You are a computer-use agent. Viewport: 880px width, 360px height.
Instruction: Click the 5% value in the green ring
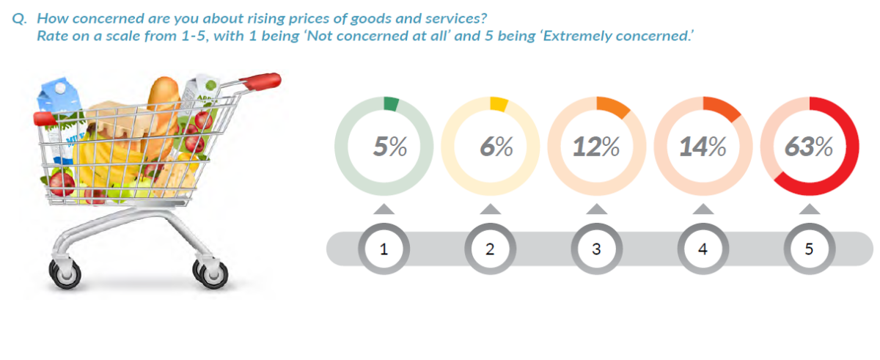[x=389, y=147]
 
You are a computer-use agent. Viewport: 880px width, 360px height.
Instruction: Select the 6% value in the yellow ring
[x=496, y=147]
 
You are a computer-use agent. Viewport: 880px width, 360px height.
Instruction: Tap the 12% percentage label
[x=595, y=147]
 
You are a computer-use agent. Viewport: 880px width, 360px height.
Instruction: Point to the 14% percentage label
[x=702, y=147]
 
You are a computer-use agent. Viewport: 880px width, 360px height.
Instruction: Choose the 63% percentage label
[x=808, y=147]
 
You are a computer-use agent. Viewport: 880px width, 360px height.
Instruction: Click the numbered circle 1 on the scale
[x=383, y=249]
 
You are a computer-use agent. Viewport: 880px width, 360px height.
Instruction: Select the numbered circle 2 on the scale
[x=490, y=249]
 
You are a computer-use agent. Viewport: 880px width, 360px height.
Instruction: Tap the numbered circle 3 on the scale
[x=596, y=249]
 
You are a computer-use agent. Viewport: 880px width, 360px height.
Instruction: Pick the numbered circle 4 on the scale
[x=703, y=249]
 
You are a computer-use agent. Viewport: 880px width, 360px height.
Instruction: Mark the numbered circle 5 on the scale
[x=809, y=249]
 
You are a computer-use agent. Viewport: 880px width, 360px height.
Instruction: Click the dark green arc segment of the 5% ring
[x=392, y=104]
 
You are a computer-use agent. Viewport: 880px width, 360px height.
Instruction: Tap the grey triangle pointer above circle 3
[x=596, y=210]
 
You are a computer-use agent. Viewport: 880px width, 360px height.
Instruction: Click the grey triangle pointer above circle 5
[x=809, y=210]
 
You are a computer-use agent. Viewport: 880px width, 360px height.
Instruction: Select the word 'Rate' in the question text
[x=51, y=35]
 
